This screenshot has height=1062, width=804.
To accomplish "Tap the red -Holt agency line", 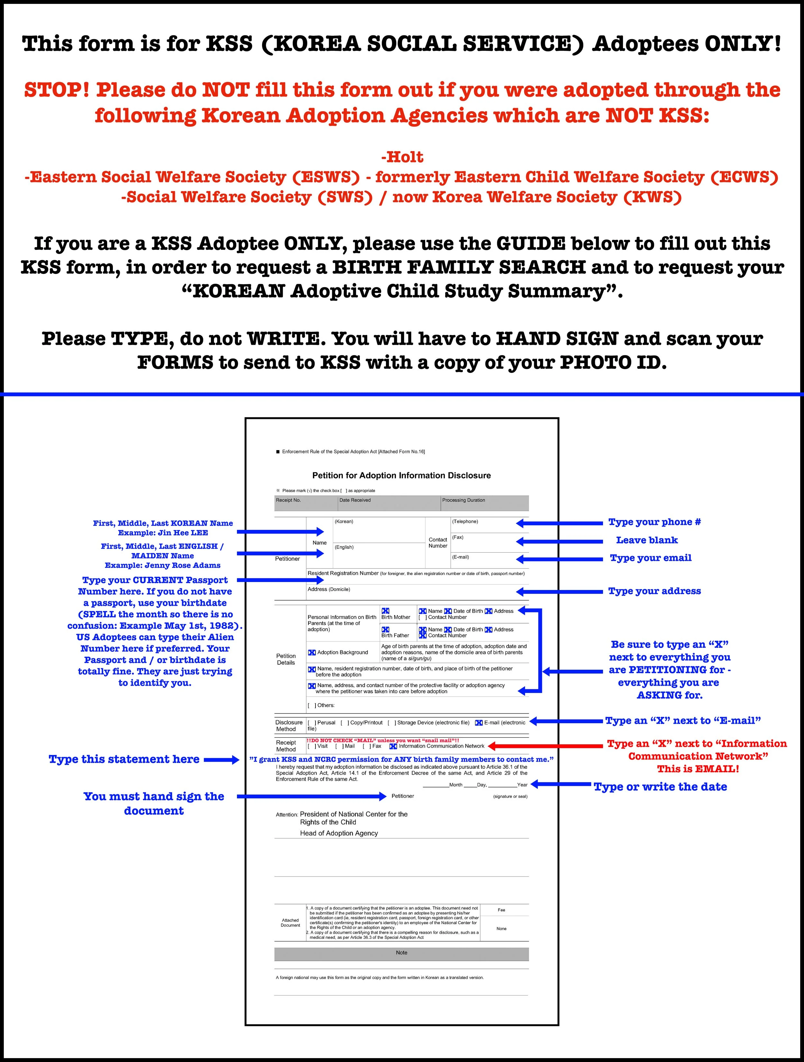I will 402,157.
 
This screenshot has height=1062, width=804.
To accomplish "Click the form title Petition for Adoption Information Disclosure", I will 402,475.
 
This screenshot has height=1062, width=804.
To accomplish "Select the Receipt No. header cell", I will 288,500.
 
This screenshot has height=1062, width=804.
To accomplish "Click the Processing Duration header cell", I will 463,500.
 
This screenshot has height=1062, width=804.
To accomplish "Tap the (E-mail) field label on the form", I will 460,557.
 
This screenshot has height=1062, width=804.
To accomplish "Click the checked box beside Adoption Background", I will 312,652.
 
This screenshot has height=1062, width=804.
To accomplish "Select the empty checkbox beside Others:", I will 312,705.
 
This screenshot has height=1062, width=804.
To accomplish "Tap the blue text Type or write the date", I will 660,786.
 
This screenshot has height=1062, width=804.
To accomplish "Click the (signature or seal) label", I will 510,796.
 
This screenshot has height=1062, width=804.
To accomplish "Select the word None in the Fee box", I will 501,929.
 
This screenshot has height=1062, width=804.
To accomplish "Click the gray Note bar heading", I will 402,953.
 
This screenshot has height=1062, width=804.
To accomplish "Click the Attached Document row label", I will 290,923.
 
